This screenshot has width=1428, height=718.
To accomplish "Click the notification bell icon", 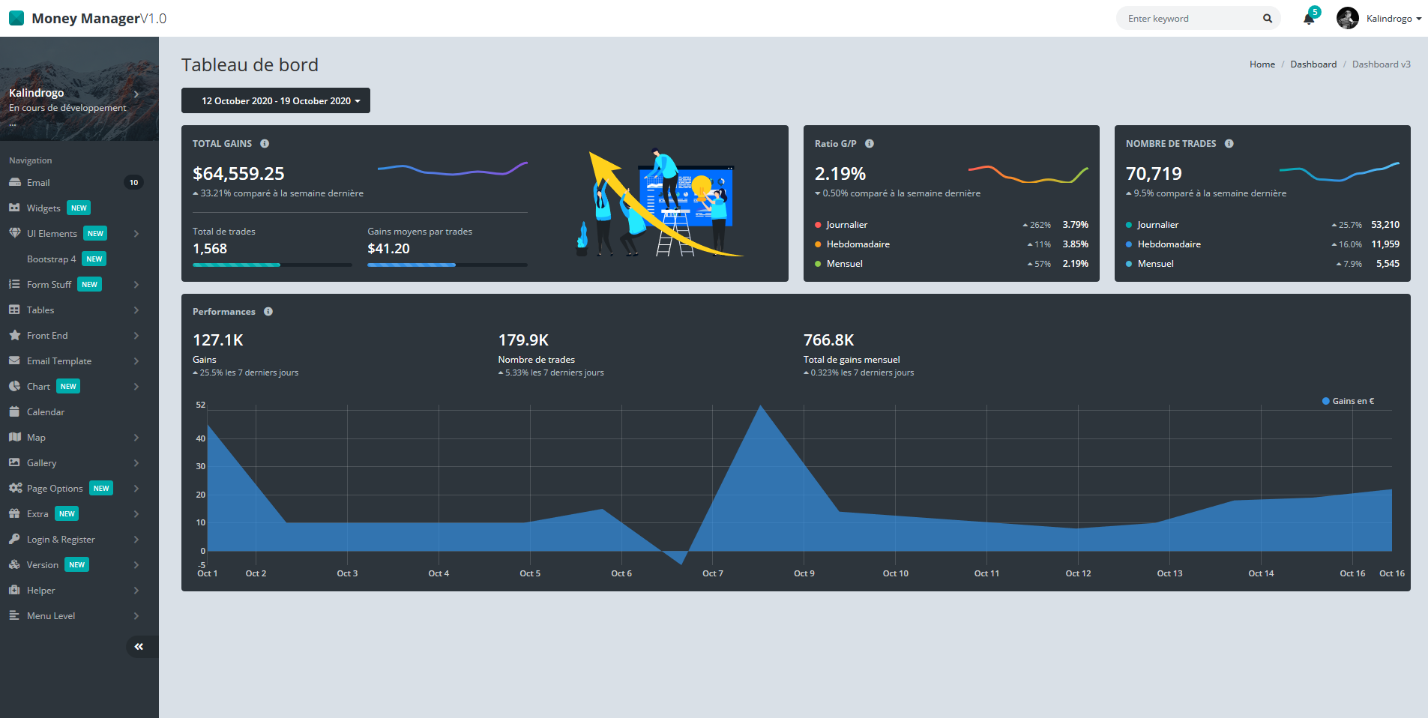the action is point(1309,19).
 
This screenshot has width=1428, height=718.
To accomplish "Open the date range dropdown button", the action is point(276,100).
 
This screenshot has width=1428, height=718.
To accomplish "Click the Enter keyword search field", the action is point(1192,19).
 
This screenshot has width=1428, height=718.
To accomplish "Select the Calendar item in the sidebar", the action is point(46,411).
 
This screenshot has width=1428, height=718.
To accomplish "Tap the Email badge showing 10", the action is point(133,182).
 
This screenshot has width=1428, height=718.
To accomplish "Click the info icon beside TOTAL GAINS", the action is point(265,143).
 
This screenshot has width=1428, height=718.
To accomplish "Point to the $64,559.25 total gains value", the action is point(238,174).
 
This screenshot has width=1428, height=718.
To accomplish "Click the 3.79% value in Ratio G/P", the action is point(1075,225).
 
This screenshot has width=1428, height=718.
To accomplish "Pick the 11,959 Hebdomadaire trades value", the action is point(1385,244).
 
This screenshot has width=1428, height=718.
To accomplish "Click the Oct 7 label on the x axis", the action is point(712,573).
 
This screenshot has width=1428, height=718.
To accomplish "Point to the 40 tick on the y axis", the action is point(200,438).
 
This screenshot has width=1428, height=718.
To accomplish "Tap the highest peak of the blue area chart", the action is point(760,406).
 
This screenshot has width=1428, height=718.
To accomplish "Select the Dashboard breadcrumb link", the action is point(1313,64).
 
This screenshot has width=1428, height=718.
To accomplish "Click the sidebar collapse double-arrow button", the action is point(139,646).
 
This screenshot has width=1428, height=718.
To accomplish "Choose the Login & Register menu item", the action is point(61,539).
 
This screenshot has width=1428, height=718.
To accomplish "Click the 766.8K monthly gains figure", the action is point(828,340).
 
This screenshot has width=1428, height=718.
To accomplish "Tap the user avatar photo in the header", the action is point(1347,18).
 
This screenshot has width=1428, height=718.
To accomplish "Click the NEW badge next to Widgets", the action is point(79,208).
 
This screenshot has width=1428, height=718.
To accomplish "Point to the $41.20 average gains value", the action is point(388,249).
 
